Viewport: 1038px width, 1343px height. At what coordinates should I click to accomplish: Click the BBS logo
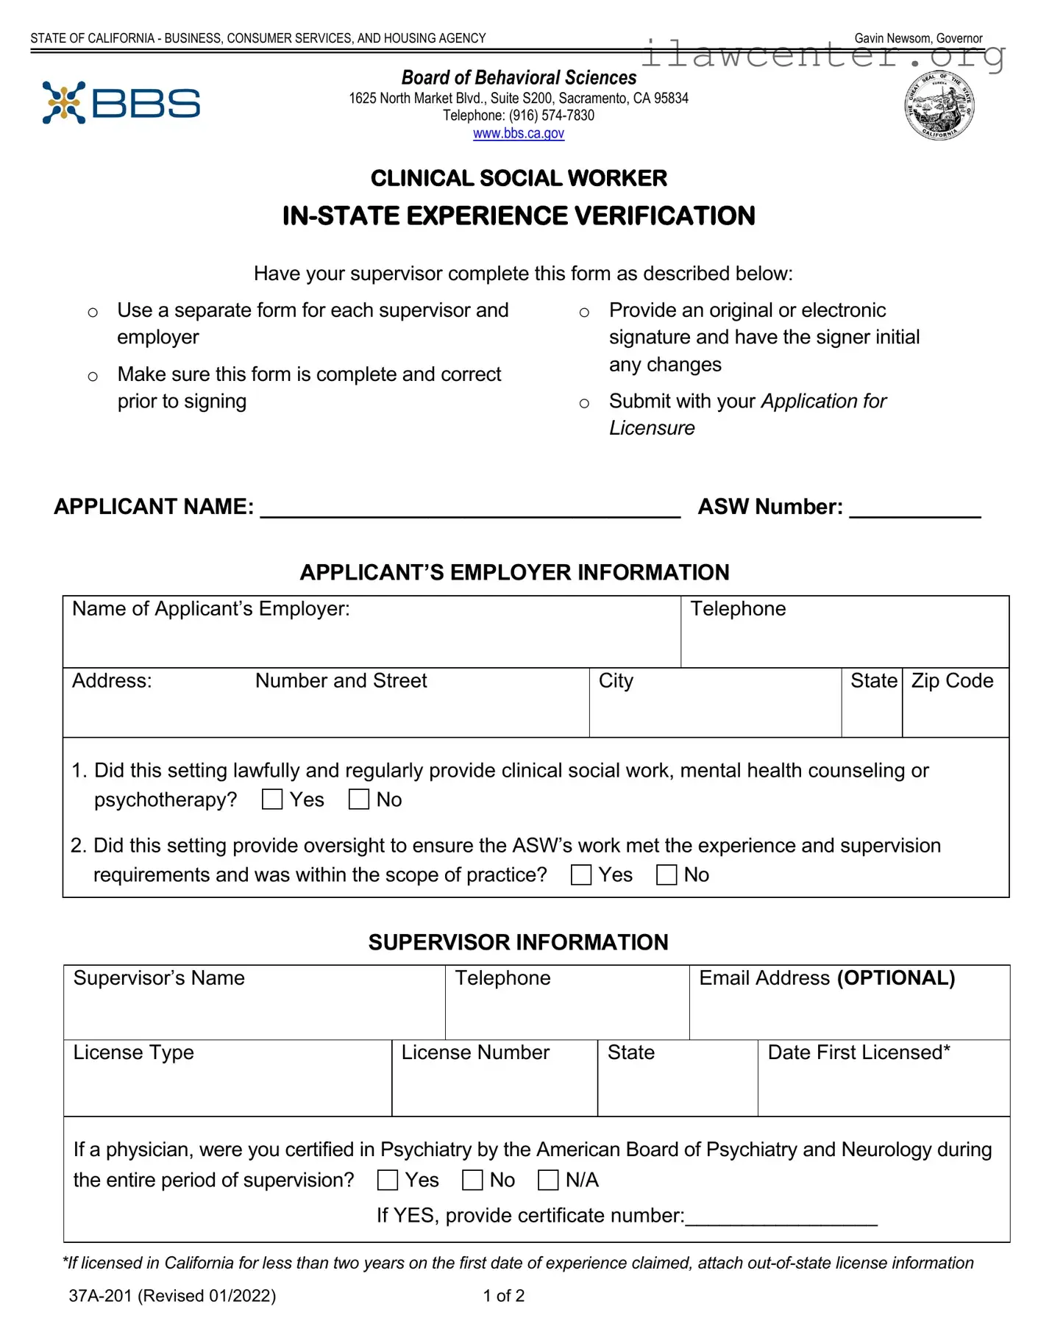(121, 103)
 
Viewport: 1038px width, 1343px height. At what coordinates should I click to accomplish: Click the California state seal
(939, 106)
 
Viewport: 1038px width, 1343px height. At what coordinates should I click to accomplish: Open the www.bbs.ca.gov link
(518, 133)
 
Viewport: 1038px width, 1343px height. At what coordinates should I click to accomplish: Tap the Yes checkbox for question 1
(272, 799)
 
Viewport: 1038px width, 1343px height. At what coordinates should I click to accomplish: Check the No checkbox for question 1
(358, 799)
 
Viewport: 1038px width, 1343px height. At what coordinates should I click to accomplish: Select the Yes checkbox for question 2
(581, 874)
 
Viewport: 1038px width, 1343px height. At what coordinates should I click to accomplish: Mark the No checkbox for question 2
(666, 874)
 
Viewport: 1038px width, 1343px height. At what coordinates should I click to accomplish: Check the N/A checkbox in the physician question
(548, 1180)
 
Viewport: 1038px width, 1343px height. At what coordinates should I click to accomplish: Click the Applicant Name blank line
(471, 509)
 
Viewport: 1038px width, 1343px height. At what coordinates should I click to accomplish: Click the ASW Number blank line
(915, 509)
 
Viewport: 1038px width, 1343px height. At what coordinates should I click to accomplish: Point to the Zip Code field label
(952, 681)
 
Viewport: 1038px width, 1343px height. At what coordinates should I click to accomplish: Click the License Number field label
(475, 1052)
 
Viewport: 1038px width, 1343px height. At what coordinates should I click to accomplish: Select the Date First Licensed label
(859, 1052)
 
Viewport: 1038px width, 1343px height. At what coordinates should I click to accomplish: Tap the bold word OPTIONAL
(896, 978)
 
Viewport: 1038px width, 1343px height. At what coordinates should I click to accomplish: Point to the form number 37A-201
(101, 1296)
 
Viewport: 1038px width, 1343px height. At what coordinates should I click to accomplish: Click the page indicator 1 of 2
(504, 1296)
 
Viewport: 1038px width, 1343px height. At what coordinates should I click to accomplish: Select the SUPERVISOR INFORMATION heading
(518, 942)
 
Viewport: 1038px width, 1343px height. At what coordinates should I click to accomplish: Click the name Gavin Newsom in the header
(892, 38)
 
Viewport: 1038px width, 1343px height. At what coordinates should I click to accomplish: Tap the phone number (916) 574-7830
(551, 115)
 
